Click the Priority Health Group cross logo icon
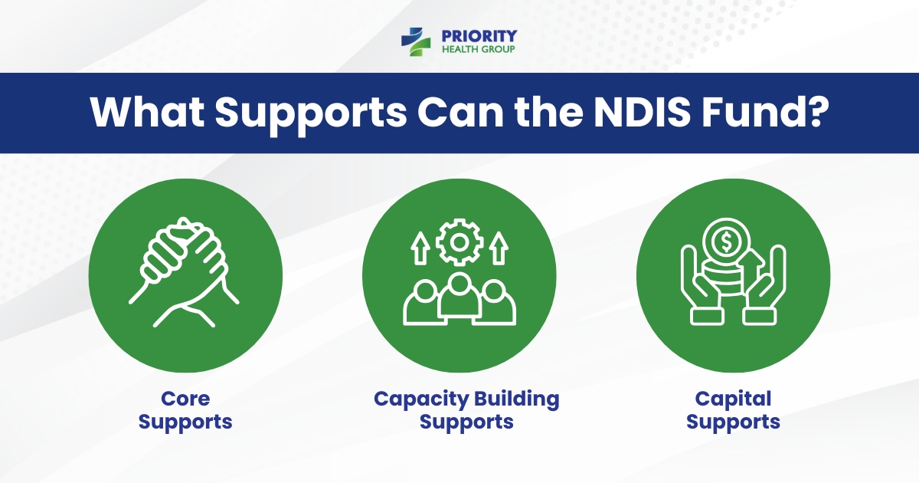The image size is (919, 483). pyautogui.click(x=417, y=41)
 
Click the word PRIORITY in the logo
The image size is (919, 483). pyautogui.click(x=479, y=35)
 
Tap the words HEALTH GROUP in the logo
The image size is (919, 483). pyautogui.click(x=479, y=50)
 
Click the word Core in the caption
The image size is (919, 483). pyautogui.click(x=185, y=399)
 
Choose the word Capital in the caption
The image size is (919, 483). pyautogui.click(x=733, y=399)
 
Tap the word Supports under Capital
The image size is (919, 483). pyautogui.click(x=733, y=422)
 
